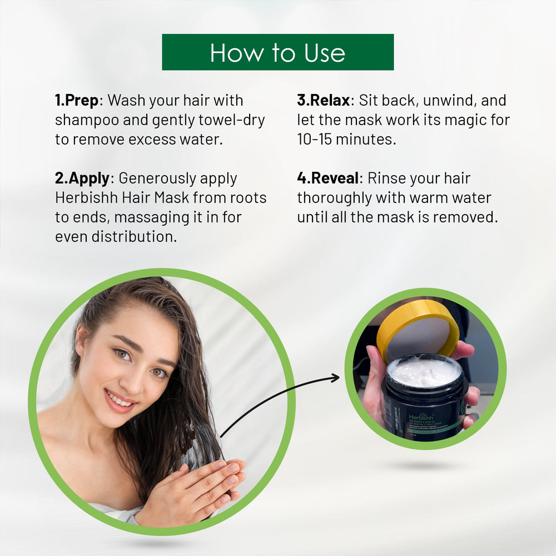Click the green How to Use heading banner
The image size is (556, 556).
coord(277,52)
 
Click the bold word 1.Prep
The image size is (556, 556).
coord(76,101)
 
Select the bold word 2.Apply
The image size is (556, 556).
coord(82,178)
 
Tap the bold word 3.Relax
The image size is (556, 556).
coord(324,101)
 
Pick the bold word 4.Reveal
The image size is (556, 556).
coord(328,178)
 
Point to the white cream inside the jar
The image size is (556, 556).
coord(425,371)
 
